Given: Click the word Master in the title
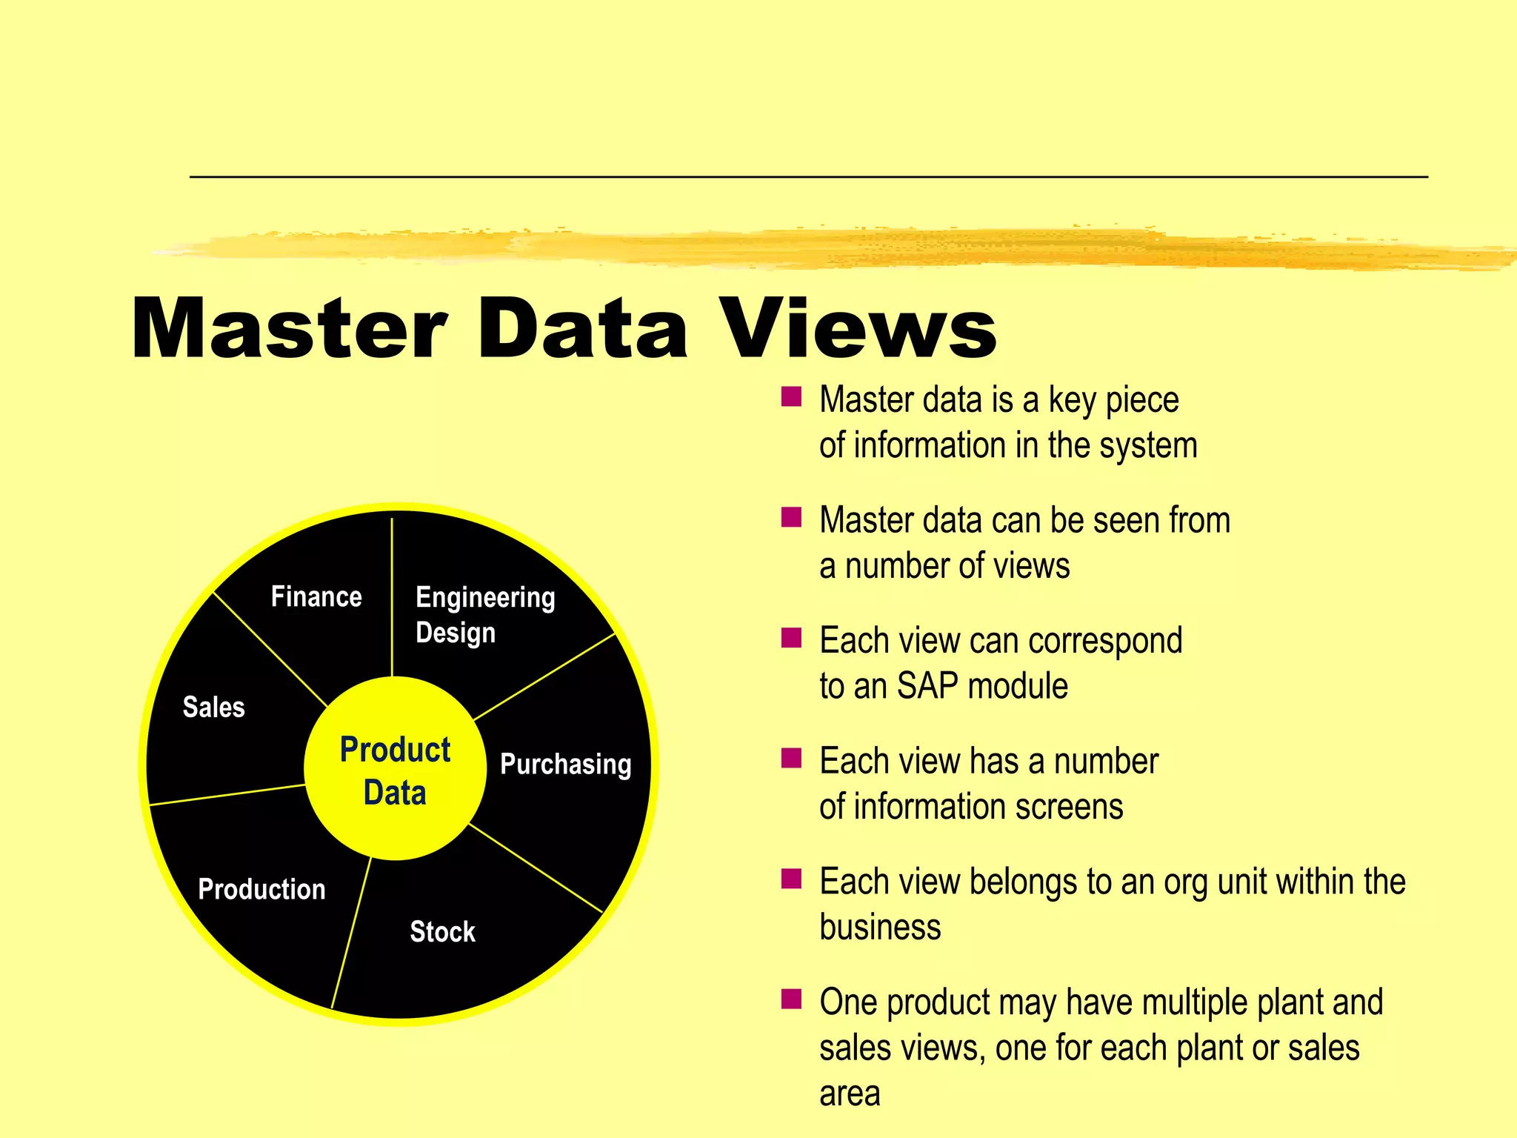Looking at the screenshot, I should pyautogui.click(x=289, y=327).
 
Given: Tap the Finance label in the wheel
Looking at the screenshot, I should pyautogui.click(x=316, y=596).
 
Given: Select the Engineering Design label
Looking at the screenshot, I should pyautogui.click(x=484, y=614).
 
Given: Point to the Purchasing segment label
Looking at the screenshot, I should pyautogui.click(x=565, y=764).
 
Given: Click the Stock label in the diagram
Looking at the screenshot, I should pyautogui.click(x=442, y=931).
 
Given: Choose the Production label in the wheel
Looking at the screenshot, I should pyautogui.click(x=261, y=889).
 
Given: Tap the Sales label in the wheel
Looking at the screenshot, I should pyautogui.click(x=213, y=707).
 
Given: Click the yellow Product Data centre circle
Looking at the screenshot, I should pyautogui.click(x=395, y=770).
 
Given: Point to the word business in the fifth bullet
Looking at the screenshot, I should pyautogui.click(x=880, y=928).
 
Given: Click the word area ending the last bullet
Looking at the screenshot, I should pyautogui.click(x=850, y=1094).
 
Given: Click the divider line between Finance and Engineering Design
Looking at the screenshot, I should pyautogui.click(x=392, y=593).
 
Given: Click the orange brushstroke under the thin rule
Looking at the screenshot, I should pyautogui.click(x=815, y=248).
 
